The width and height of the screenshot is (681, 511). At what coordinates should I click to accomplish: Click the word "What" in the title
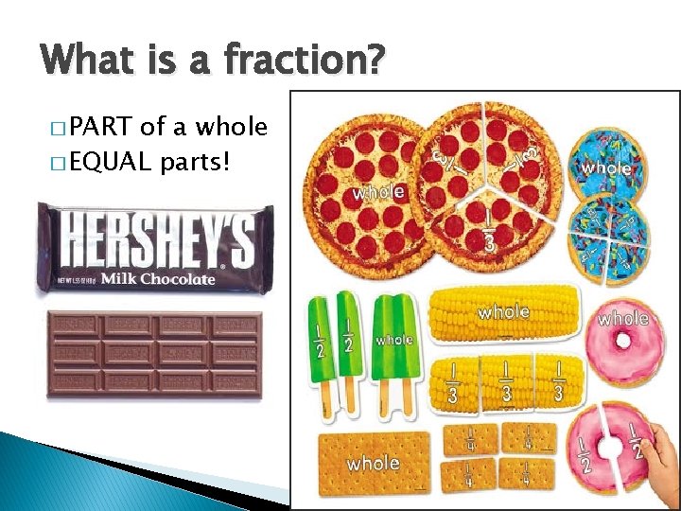(86, 61)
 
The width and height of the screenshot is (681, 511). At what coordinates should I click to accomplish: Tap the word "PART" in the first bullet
(101, 126)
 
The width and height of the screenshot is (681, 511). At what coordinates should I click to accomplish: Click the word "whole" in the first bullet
(231, 126)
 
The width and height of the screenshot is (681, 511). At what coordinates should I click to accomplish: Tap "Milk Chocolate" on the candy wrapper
(159, 278)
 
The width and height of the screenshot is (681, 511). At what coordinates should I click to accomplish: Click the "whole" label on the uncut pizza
(378, 192)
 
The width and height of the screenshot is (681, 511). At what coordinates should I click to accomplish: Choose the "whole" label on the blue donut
(606, 167)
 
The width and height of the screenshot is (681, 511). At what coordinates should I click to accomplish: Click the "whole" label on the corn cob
(503, 311)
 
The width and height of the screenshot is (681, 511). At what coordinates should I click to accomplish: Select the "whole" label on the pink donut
(623, 319)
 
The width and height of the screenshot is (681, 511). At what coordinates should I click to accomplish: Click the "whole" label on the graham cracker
(373, 464)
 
